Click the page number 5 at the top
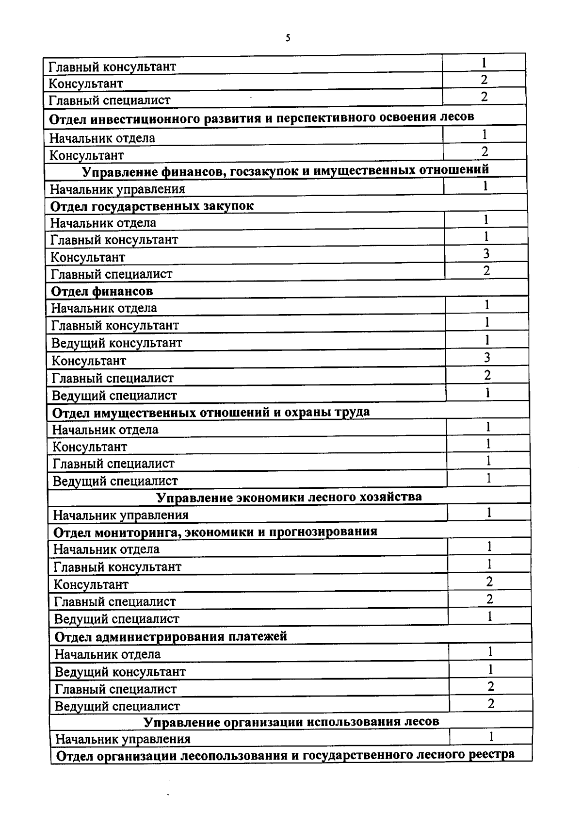point(288,38)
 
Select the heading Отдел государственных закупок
point(152,206)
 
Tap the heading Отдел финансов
point(102,291)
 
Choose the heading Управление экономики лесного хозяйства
point(289,497)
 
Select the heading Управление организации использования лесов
point(291,722)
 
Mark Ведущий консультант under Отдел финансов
point(117,343)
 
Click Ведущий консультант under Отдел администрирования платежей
point(120,672)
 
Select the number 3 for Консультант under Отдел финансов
point(487,358)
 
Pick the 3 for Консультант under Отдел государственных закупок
point(486,253)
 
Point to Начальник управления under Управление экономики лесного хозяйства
point(121,515)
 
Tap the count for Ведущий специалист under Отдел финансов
point(487,393)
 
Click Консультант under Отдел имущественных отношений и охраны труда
point(90,447)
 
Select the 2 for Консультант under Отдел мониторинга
point(489,581)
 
